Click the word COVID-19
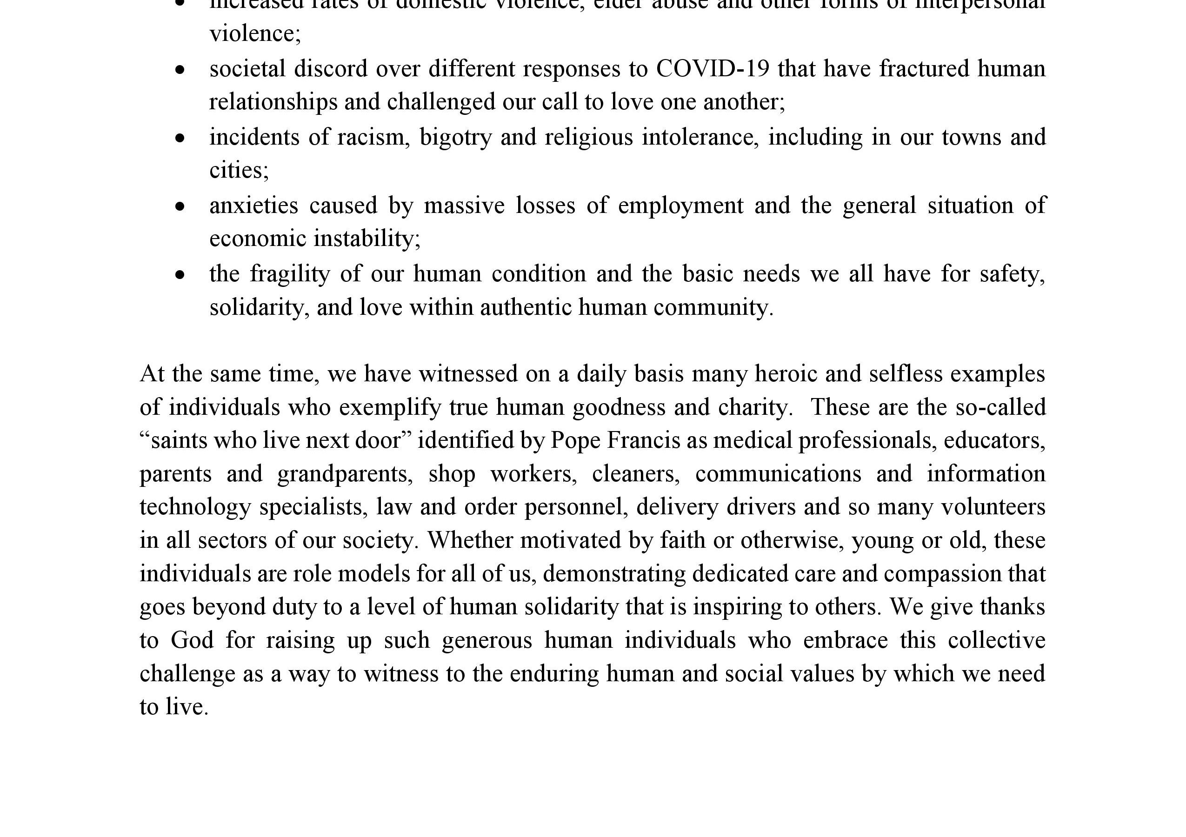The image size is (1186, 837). coord(713,69)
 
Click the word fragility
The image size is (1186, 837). coord(290,274)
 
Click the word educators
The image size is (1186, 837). coord(994,441)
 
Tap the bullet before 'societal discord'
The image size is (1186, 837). coord(180,70)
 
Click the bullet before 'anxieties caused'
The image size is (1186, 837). coord(180,206)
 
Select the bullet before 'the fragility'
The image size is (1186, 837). coord(180,275)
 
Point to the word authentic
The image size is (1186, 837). coord(526,308)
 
